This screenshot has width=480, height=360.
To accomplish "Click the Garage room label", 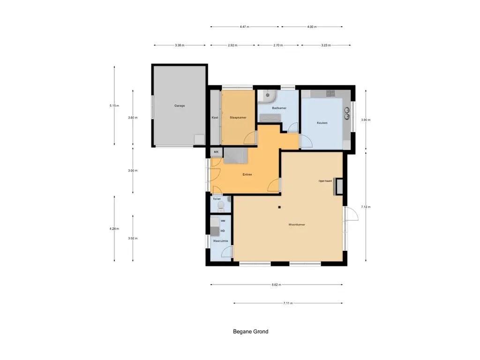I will tap(180, 106).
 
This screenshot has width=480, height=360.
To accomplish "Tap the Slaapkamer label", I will tap(238, 118).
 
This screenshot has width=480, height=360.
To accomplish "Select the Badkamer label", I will tap(279, 108).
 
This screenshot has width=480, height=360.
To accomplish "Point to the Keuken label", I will tap(322, 123).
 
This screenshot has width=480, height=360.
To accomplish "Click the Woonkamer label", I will tap(297, 225).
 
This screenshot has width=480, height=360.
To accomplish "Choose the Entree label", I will tap(247, 175).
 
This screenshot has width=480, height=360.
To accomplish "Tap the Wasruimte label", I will tap(220, 241).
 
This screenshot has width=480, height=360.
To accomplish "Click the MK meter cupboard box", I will tap(216, 152).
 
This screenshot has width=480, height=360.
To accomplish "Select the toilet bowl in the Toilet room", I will tap(222, 205).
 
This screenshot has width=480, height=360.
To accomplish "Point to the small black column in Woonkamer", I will tap(279, 207).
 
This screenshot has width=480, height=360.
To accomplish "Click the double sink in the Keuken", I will tap(347, 113).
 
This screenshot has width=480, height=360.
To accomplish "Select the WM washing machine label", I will tap(223, 221).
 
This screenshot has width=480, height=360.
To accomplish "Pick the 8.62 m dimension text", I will tap(276, 285).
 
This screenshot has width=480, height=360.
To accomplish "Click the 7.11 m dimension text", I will tap(288, 303).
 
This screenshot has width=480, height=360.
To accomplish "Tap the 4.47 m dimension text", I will tap(244, 27).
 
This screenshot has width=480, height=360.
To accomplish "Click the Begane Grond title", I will tap(251, 332).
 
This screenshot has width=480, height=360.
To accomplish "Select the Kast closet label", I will tap(215, 118).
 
